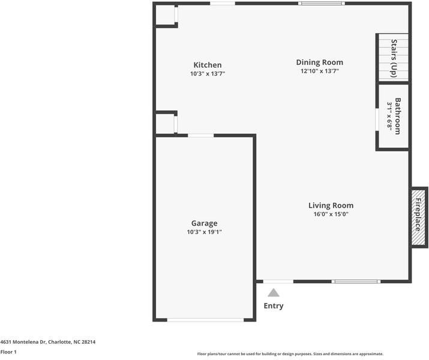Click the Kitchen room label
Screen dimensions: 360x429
pyautogui.click(x=207, y=65)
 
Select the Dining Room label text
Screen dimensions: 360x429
pyautogui.click(x=319, y=62)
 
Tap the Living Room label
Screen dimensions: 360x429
pyautogui.click(x=331, y=205)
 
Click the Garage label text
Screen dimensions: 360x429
pyautogui.click(x=204, y=223)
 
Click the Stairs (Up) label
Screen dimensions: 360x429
pyautogui.click(x=394, y=57)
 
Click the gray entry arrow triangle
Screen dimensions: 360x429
pyautogui.click(x=274, y=293)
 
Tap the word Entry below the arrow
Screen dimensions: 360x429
pyautogui.click(x=274, y=306)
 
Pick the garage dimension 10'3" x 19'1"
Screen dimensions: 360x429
pyautogui.click(x=204, y=232)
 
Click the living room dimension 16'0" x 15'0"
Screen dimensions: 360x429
pyautogui.click(x=331, y=214)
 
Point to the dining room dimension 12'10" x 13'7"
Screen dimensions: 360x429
pyautogui.click(x=319, y=71)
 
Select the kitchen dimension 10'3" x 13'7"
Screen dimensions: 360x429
pyautogui.click(x=207, y=74)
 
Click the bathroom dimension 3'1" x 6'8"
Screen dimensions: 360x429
pyautogui.click(x=389, y=116)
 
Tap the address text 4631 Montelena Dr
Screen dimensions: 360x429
pyautogui.click(x=47, y=342)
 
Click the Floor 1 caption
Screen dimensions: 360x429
pyautogui.click(x=8, y=352)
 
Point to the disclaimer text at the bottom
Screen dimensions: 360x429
pyautogui.click(x=290, y=354)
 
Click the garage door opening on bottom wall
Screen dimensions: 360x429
pyautogui.click(x=205, y=320)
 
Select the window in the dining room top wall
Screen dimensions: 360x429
pyautogui.click(x=322, y=4)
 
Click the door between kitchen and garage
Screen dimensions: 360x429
pyautogui.click(x=200, y=136)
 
